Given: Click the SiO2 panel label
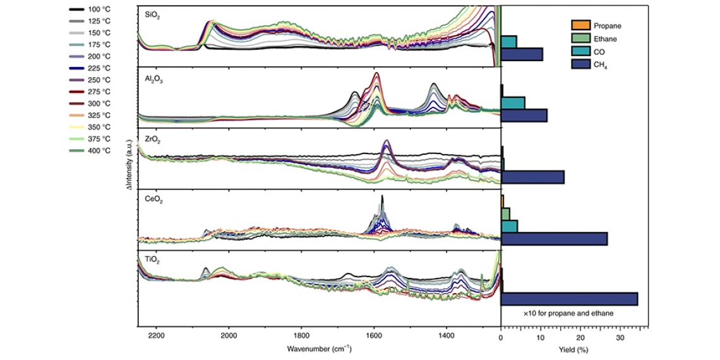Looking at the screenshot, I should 152,13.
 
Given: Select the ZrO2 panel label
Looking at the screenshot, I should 152,135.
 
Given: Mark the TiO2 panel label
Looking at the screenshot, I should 152,259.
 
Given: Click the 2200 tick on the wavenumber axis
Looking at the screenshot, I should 156,336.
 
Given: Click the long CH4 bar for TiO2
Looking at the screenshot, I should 569,299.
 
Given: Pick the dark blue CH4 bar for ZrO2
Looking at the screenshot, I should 532,177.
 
